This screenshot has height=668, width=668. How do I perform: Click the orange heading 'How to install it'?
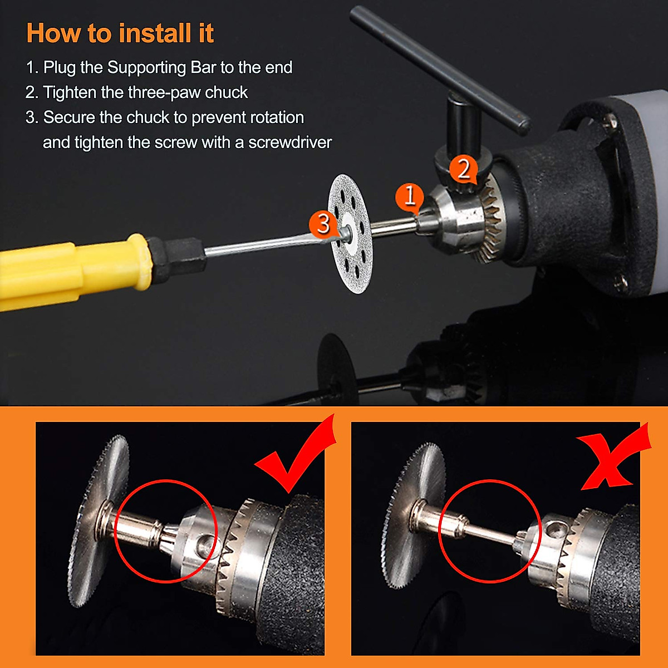[120, 33]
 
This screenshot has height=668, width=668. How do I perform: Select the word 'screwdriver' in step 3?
[289, 143]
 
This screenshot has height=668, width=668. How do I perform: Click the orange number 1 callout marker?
[410, 197]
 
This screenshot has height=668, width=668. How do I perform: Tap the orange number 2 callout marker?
[463, 169]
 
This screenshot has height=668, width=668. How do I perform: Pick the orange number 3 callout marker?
[323, 224]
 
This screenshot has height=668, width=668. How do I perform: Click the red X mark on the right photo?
[612, 459]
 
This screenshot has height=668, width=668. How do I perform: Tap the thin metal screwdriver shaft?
[262, 245]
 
